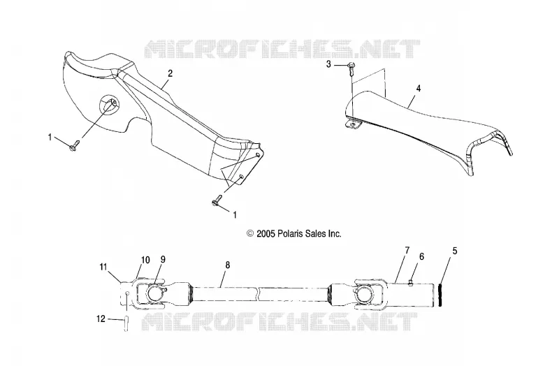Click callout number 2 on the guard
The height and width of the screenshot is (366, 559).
(170, 73)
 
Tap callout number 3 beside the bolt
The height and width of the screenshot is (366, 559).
(328, 64)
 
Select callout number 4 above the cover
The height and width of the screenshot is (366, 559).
(419, 89)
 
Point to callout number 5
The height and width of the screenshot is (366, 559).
(455, 251)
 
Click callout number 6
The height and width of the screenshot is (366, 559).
(422, 256)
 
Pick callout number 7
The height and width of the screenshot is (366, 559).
(407, 250)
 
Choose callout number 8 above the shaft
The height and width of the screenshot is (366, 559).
(228, 265)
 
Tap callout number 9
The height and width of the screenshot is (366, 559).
(163, 259)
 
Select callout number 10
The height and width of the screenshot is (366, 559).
(145, 260)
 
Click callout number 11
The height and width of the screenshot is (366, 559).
(103, 267)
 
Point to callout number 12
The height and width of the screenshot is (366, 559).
(101, 319)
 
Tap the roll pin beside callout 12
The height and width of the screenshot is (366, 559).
(126, 324)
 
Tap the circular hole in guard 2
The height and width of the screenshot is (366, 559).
(109, 104)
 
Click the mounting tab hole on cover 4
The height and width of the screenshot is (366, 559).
(353, 124)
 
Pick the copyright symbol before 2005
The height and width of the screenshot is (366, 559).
(250, 234)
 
